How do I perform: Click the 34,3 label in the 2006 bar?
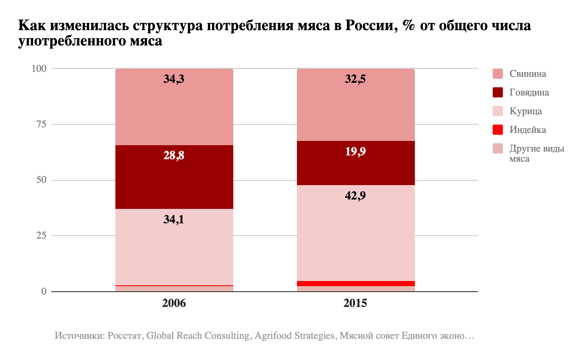coord(174,79)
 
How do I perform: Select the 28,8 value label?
coord(174,155)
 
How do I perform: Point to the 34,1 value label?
coord(174,219)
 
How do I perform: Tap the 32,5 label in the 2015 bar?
coord(355,79)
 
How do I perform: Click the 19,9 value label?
coord(355,152)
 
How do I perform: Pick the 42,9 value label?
coord(355,196)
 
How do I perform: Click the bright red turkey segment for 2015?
coord(355,284)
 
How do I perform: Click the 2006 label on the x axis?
coord(174,304)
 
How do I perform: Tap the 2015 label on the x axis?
coord(355,304)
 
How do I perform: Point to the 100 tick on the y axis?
coord(39,68)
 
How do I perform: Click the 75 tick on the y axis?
coord(42,124)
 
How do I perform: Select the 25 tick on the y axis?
coord(42,236)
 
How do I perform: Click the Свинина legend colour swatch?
coord(498,74)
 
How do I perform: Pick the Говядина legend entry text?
coord(529,93)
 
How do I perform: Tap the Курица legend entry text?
coord(526,111)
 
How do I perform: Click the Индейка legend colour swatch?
coord(498,130)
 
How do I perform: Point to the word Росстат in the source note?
coord(125,336)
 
